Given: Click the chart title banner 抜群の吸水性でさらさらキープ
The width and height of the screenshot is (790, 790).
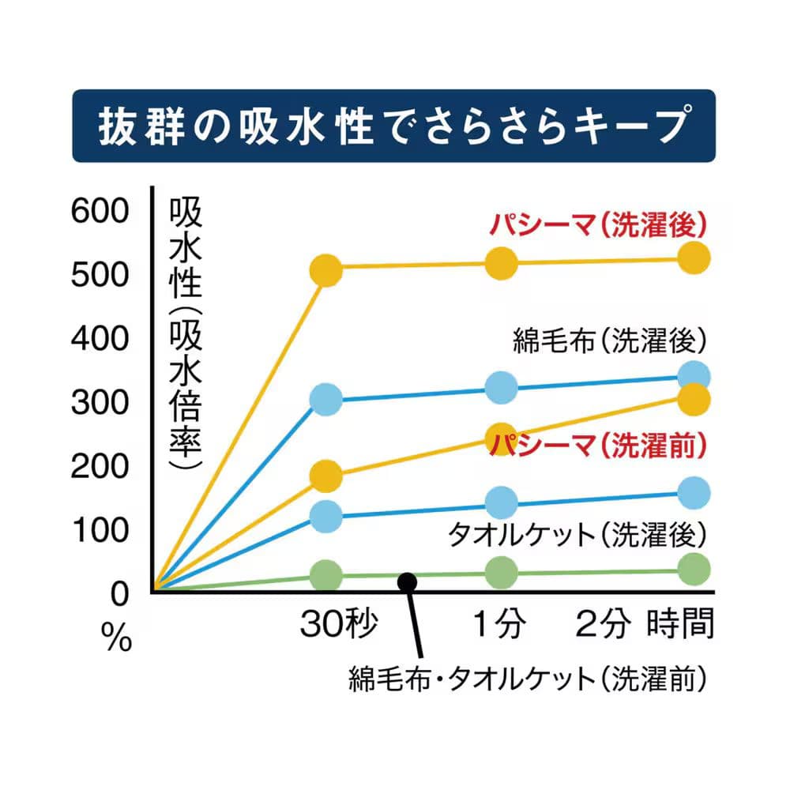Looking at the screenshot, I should click(x=393, y=126).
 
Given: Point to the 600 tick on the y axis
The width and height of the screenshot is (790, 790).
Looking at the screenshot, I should click(x=98, y=211).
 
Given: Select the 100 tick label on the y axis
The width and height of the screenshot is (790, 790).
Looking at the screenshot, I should click(x=98, y=529).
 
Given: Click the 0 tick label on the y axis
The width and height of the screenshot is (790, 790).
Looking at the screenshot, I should click(x=118, y=592).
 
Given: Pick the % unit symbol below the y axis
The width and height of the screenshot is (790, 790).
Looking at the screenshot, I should click(x=117, y=639).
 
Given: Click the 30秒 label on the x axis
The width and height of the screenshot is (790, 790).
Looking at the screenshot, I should click(x=338, y=625).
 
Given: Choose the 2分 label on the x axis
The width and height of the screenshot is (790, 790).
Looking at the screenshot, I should click(x=604, y=625).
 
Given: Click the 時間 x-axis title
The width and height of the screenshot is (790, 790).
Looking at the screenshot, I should click(x=681, y=625).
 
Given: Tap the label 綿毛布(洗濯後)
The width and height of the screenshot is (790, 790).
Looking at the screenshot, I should click(x=608, y=341).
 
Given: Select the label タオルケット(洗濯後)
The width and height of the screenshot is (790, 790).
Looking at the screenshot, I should click(x=575, y=536).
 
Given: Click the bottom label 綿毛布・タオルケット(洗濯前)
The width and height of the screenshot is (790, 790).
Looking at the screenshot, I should click(x=527, y=679).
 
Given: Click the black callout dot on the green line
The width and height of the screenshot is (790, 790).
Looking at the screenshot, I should click(x=407, y=582).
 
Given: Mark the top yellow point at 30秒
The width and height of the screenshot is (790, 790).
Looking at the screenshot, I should click(x=326, y=270).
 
